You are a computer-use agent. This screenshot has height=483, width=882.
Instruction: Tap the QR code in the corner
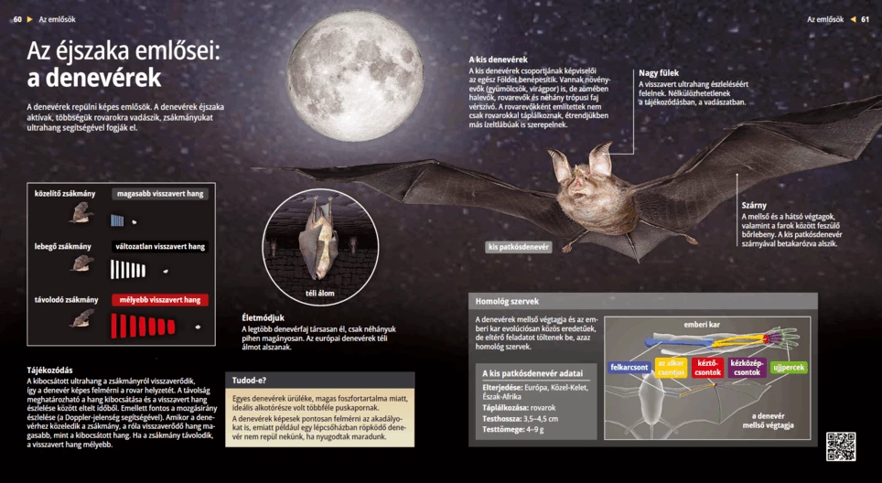(841, 445)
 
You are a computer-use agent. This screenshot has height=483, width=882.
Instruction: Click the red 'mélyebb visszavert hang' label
(160, 300)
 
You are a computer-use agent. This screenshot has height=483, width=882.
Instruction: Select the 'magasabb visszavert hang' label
(160, 194)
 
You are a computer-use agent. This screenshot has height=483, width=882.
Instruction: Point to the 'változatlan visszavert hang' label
(160, 247)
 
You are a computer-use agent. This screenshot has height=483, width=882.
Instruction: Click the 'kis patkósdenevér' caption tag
(519, 247)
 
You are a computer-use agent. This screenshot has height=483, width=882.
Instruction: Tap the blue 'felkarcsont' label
(629, 367)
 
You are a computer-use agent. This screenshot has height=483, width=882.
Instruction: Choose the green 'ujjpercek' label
(789, 367)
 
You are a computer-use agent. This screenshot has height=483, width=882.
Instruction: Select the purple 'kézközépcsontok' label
(747, 368)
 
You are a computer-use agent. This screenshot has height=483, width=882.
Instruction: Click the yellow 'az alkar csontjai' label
(671, 368)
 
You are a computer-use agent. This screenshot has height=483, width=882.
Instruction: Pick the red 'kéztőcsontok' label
(707, 368)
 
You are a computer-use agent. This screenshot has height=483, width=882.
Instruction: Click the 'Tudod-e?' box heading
(250, 380)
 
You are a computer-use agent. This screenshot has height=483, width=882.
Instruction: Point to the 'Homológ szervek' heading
(507, 301)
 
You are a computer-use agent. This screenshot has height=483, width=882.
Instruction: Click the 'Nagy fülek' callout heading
(659, 72)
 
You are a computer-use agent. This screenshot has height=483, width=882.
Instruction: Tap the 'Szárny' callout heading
(754, 205)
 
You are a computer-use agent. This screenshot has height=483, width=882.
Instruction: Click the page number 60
(16, 18)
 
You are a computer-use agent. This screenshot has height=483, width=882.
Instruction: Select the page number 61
(865, 18)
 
